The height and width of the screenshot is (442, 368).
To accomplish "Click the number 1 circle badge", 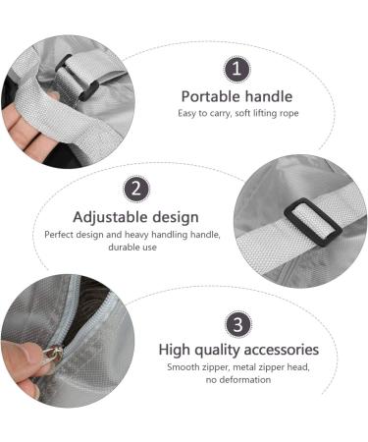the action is pos(237,70).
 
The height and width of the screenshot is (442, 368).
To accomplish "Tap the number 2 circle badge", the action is pos(136,190).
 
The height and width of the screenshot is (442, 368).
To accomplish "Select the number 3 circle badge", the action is pos(238,324).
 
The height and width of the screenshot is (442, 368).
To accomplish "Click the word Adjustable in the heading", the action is pos(110,217).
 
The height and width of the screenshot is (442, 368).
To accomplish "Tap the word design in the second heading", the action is pos(176,217).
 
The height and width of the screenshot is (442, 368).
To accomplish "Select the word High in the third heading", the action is pos(174,350).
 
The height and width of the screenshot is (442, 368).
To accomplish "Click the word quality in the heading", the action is pos(217,350).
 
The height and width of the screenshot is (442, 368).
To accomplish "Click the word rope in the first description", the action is pos(289,114).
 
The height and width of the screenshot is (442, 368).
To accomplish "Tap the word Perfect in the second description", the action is pos(58,235).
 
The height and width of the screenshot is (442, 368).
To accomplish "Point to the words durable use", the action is pos(132,248).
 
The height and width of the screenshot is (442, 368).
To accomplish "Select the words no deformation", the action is pos(238,380).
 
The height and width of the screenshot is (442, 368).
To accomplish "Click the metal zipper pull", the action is pos(52,355).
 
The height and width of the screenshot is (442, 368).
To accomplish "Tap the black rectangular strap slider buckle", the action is pos(313,221).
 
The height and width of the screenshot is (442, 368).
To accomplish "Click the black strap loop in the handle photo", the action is pos(77,78).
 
